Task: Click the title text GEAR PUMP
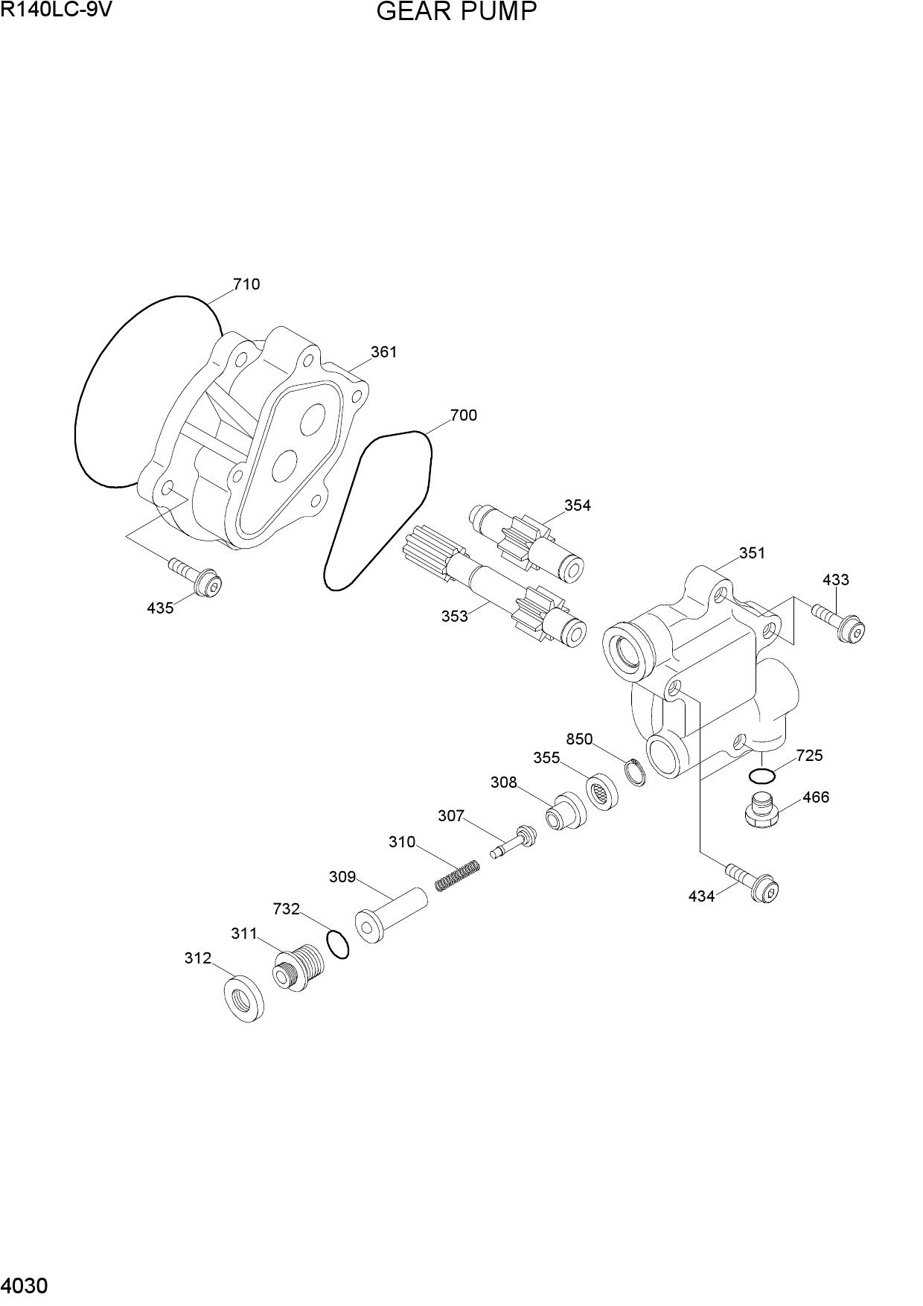457,13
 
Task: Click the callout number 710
246,284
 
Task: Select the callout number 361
384,351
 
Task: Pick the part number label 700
463,415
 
